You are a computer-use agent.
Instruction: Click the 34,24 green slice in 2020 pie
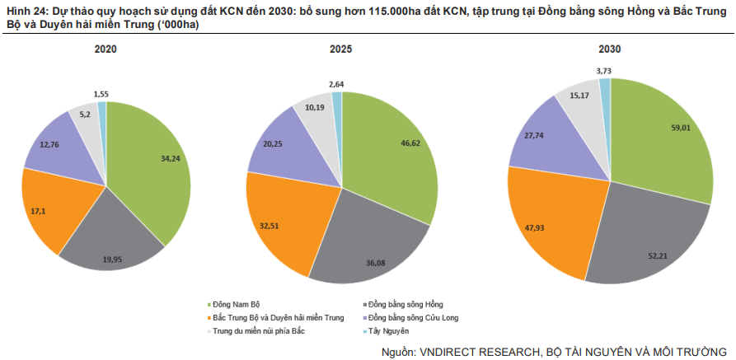pos(152,165)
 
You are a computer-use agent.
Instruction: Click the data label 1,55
pos(102,95)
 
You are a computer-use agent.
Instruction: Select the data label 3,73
pos(603,71)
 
